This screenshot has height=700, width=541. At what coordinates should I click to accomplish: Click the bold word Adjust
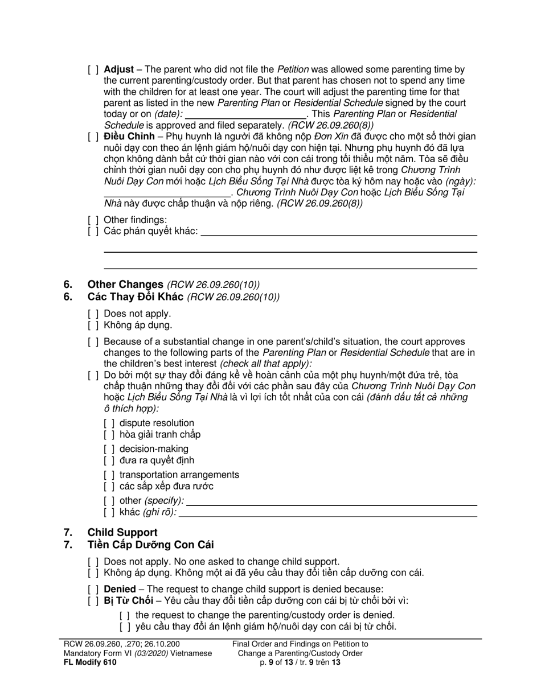[x=118, y=69]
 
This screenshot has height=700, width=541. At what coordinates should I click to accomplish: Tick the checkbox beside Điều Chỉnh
[x=93, y=137]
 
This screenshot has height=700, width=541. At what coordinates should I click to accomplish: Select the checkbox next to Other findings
[x=93, y=220]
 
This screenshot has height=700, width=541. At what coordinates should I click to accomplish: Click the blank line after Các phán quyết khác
[x=339, y=232]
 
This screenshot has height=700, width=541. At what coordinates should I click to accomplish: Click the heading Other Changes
[x=125, y=285]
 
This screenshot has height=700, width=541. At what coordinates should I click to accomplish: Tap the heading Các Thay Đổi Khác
[x=135, y=297]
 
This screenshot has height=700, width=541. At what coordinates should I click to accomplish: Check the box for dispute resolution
[x=109, y=423]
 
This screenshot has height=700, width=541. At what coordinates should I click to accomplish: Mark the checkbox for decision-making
[x=109, y=450]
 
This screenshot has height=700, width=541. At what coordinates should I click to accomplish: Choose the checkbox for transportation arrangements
[x=109, y=475]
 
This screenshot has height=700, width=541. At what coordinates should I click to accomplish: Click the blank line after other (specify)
[x=331, y=501]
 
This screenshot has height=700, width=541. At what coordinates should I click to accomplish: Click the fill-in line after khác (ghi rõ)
[x=328, y=513]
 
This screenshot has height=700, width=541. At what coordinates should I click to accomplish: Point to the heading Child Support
[x=122, y=533]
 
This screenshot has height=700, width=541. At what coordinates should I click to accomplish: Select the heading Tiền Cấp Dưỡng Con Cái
[x=150, y=545]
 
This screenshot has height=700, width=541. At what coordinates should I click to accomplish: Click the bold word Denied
[x=120, y=590]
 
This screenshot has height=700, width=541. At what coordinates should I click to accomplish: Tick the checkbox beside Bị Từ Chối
[x=93, y=601]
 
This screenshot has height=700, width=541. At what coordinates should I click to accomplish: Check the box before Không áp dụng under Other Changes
[x=93, y=326]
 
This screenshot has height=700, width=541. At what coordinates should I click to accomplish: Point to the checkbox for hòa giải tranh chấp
[x=109, y=435]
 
